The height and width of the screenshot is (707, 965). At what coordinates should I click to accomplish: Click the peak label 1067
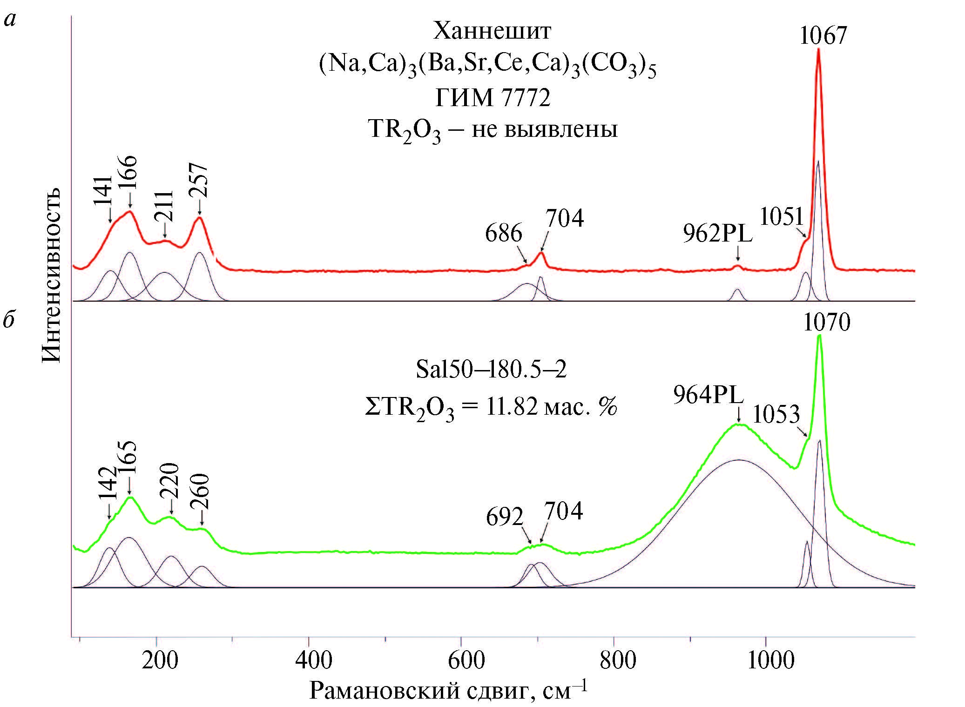tap(823, 36)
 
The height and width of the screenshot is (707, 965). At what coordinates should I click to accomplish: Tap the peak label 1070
tap(826, 322)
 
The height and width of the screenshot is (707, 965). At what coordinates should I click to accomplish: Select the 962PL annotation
tap(717, 234)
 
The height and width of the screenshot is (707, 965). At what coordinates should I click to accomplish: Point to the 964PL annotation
tap(708, 395)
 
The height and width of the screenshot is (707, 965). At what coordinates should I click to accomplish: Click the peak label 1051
tap(782, 216)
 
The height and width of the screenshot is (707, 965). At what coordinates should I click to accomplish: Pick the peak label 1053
tap(776, 414)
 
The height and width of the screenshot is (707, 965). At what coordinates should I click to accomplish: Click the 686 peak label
tap(503, 233)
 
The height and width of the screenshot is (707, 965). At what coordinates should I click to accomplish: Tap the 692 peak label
tap(504, 517)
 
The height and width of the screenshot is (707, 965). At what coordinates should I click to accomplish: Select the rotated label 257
tap(199, 181)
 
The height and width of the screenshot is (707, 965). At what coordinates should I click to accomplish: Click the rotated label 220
tap(170, 481)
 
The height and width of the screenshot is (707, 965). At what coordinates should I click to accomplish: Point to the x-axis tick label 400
tap(313, 660)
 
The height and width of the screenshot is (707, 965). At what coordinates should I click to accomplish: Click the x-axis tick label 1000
tap(770, 660)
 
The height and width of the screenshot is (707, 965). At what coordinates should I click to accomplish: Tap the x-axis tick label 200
tap(160, 660)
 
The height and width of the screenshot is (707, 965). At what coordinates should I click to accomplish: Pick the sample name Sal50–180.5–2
tap(491, 370)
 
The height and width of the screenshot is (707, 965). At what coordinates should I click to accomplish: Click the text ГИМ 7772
tap(493, 98)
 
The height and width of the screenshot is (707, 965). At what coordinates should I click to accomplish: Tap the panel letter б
tap(9, 320)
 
